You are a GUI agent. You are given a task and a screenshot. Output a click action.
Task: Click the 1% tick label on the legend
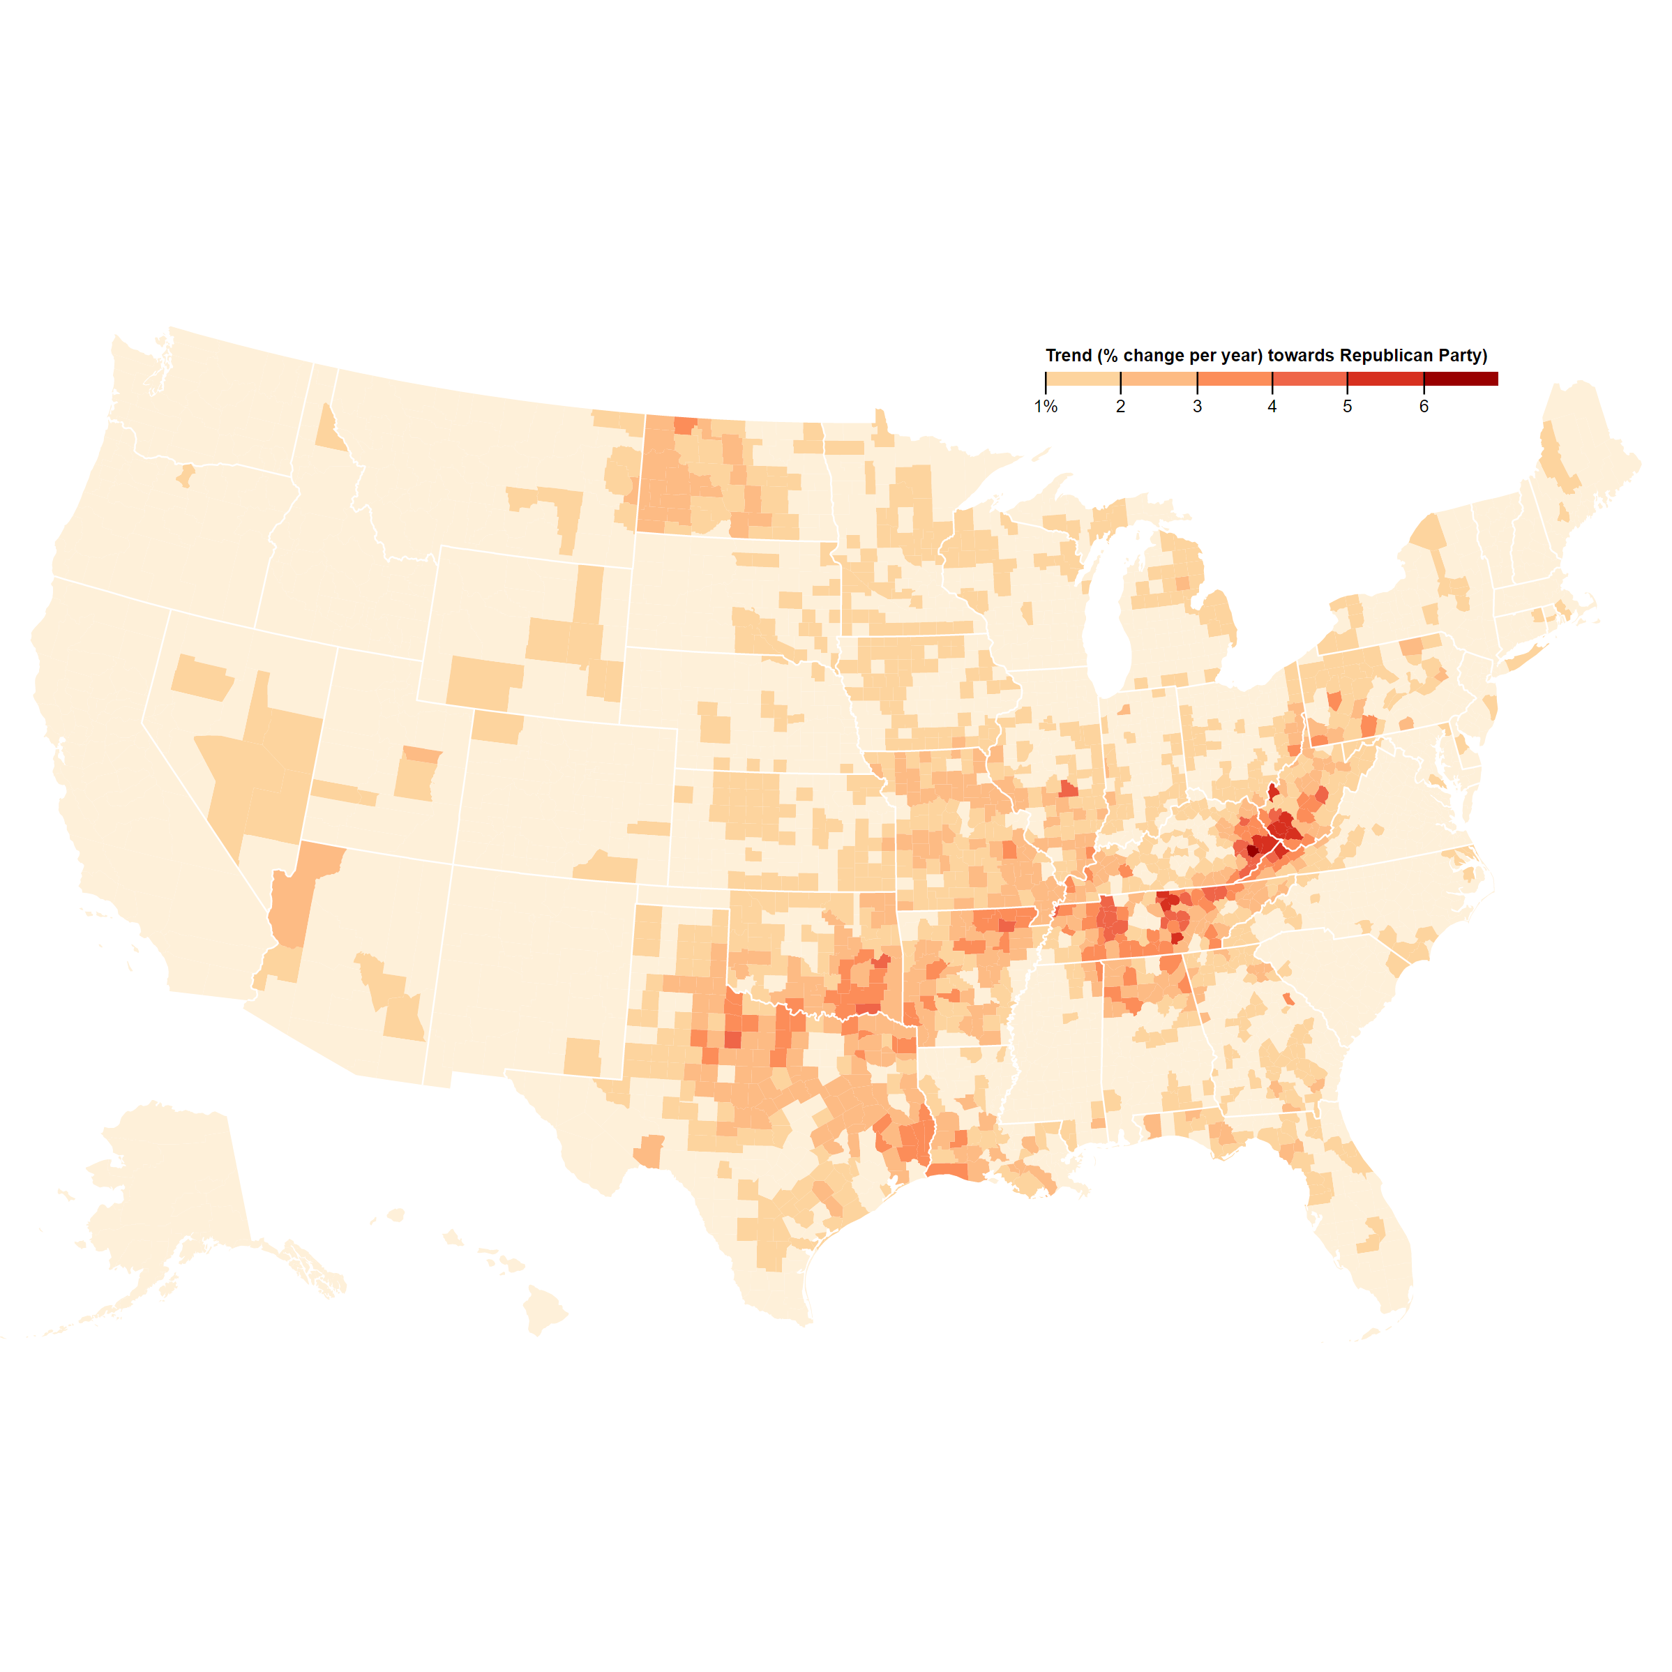coord(1046,407)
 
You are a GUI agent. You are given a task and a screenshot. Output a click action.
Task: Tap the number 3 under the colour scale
coord(1197,407)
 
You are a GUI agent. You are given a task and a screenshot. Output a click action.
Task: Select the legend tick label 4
coord(1272,407)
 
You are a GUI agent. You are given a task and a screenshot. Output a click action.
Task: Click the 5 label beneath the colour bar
coord(1348,407)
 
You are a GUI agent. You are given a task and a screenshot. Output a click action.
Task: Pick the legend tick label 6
coord(1424,407)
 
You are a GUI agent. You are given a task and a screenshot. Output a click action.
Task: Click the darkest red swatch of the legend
coord(1461,379)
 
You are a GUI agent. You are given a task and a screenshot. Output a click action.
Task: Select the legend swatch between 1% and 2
coord(1083,379)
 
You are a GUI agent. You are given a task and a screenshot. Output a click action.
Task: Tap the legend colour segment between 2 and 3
coord(1159,379)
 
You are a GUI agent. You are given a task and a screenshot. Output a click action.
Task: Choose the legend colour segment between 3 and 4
coord(1234,379)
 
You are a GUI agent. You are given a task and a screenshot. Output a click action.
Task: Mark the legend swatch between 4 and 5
coord(1309,379)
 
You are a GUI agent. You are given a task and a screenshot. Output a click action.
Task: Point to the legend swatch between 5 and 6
coord(1385,379)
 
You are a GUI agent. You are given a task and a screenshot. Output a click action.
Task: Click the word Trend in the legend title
coord(1069,356)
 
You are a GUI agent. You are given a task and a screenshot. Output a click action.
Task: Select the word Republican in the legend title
coord(1387,356)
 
